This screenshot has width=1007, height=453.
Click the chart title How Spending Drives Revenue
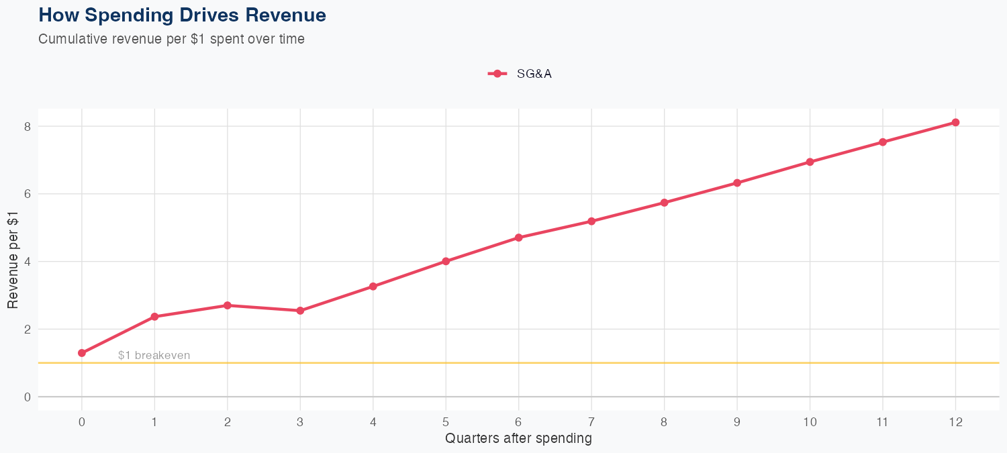[x=183, y=15]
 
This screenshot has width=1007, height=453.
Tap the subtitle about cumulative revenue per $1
[x=171, y=39]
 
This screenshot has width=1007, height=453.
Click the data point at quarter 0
[x=82, y=353]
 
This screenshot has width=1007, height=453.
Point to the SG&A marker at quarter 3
[x=300, y=311]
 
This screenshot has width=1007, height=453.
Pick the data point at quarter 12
[x=955, y=122]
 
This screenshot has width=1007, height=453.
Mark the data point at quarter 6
[x=518, y=238]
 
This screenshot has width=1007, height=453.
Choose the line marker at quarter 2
[x=228, y=305]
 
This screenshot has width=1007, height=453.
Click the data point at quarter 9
[x=737, y=183]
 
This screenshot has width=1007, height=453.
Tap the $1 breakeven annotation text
[x=154, y=356]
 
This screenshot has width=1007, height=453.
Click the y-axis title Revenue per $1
[x=13, y=260]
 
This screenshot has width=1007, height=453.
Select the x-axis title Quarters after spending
[x=518, y=439]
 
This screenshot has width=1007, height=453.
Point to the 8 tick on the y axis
[x=28, y=126]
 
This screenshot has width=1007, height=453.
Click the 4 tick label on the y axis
[x=28, y=262]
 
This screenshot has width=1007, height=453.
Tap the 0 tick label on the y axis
[x=28, y=397]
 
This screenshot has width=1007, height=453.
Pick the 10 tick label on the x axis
[x=810, y=422]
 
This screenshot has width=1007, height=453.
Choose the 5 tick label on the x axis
[x=446, y=422]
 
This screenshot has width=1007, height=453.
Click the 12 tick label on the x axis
[x=955, y=422]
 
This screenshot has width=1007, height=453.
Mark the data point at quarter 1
[x=154, y=316]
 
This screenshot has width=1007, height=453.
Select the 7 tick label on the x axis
[x=591, y=422]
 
